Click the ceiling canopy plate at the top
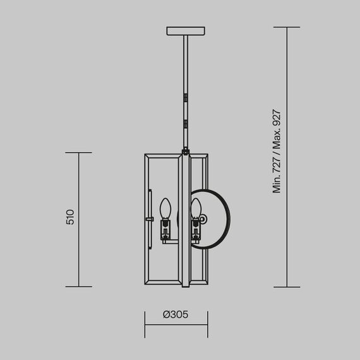[186, 31]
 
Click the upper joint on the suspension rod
[186, 99]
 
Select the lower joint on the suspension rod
[186, 122]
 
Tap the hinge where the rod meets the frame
[186, 151]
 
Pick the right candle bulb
[196, 207]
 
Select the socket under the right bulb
[196, 228]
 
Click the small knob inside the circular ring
[203, 219]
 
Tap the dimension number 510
[71, 217]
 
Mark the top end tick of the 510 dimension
[79, 152]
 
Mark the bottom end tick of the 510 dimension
[79, 286]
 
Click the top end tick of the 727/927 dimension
[287, 27]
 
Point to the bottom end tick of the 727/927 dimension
[287, 286]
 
